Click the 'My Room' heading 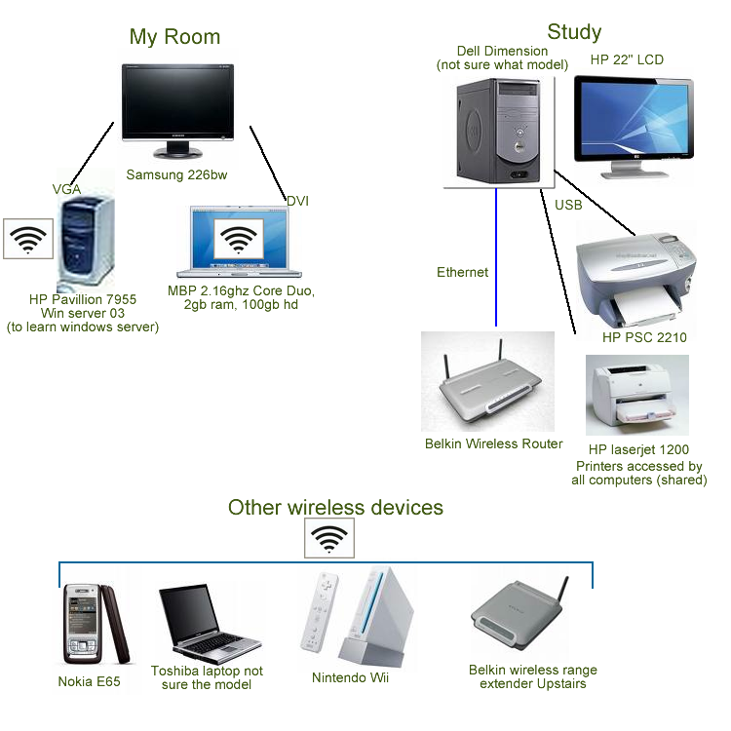174,37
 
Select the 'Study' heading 574,32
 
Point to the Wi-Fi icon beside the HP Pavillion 28,238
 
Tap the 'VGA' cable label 66,189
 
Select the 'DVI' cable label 297,201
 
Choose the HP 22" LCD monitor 634,122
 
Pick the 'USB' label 568,206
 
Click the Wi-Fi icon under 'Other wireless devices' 329,537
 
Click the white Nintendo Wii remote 321,618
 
